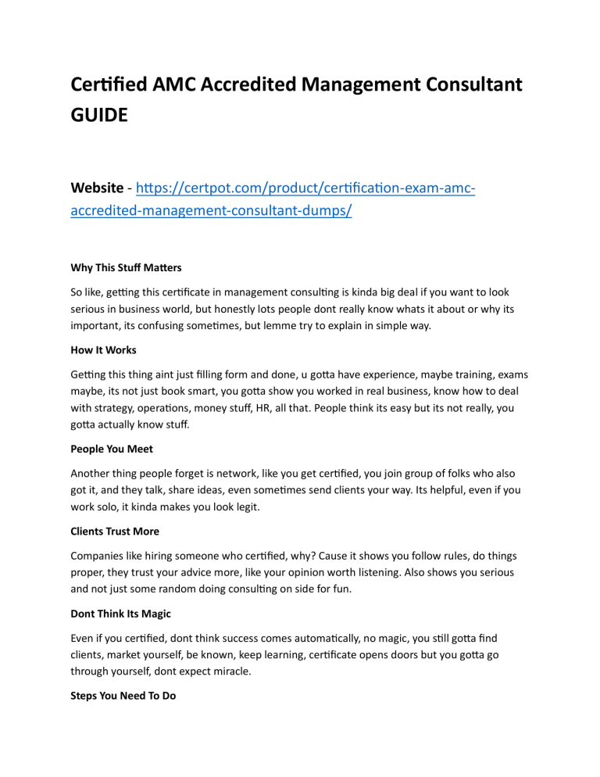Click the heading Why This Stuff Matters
(126, 267)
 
